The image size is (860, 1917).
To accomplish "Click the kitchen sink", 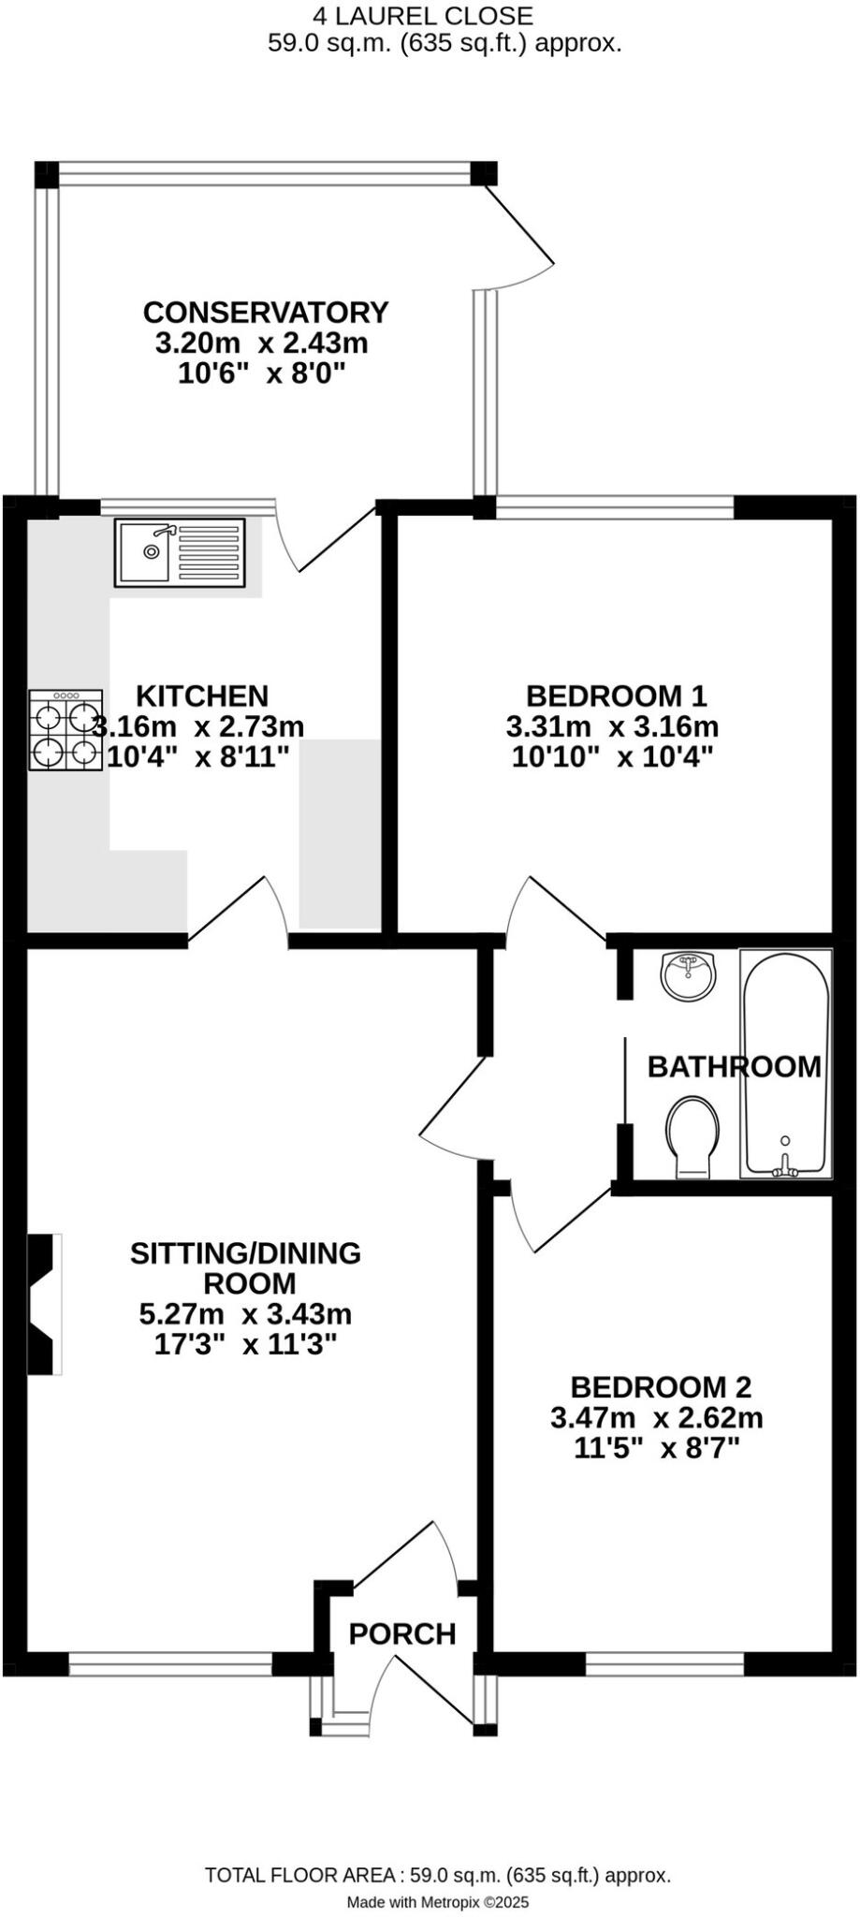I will [180, 552].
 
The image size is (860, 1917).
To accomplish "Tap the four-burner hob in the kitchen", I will [66, 730].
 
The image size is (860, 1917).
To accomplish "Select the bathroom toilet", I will [694, 1135].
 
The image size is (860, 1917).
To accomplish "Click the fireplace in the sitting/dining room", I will [43, 1304].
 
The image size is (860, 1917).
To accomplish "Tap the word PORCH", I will [402, 1634].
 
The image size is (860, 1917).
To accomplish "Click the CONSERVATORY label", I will [265, 312].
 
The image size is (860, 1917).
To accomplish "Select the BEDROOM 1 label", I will [616, 695].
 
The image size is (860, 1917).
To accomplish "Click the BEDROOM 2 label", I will [661, 1386].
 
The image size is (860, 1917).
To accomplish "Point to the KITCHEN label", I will [202, 695].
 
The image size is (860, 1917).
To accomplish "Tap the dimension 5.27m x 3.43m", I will [245, 1313].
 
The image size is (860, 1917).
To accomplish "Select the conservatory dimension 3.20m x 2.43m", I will [261, 343].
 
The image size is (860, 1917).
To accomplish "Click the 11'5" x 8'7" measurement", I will [656, 1448].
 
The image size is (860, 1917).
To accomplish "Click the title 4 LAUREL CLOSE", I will [423, 15].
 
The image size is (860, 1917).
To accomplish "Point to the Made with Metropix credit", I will [438, 1902].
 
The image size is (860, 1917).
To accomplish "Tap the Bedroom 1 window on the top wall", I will [615, 507].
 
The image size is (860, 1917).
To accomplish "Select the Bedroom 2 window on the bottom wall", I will [664, 1662].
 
